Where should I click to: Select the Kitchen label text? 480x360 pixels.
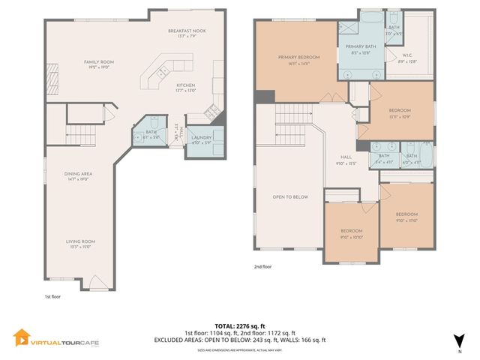point(186,85)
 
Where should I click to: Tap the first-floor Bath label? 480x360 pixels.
point(150,133)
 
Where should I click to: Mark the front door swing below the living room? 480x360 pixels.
point(98,283)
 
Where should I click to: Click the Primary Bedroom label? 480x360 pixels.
point(298,58)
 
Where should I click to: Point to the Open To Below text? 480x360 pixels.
point(290,197)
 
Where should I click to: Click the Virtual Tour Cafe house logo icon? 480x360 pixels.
point(22,338)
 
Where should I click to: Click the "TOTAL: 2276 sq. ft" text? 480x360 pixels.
point(240,325)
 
